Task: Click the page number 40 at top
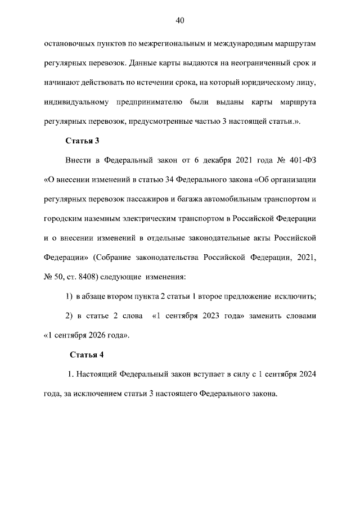tap(180, 21)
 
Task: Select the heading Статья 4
tap(87, 355)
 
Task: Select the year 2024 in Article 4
tap(306, 374)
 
